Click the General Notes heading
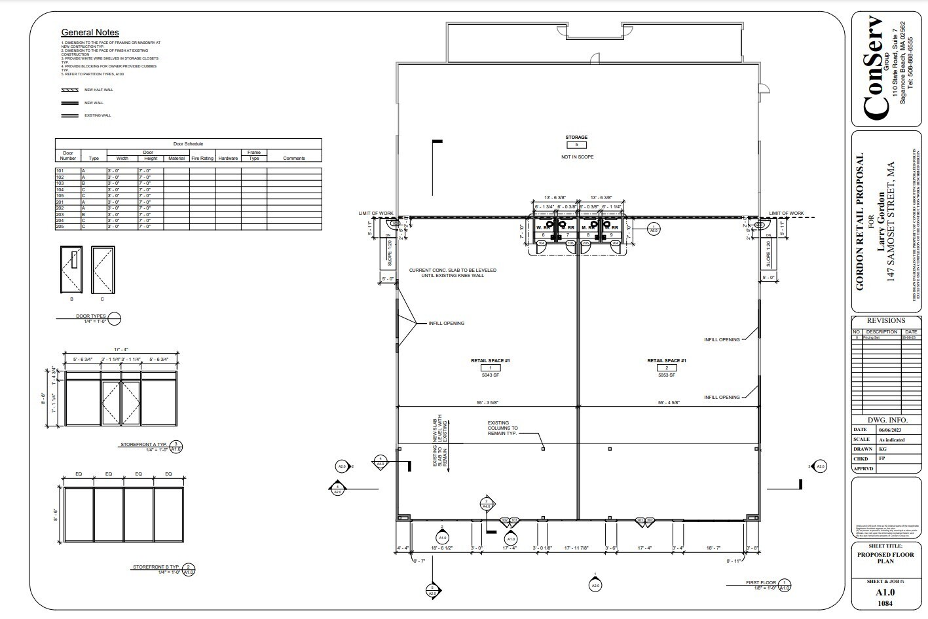90,32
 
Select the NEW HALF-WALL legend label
98,90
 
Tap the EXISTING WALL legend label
98,115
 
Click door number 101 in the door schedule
60,171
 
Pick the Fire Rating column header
202,158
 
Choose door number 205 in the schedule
60,227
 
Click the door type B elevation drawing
71,270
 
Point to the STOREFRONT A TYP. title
143,445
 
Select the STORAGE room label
576,138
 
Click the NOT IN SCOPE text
576,157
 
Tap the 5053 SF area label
666,375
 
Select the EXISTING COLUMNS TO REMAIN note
502,428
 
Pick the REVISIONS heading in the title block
885,321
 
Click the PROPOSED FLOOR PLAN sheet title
885,558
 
